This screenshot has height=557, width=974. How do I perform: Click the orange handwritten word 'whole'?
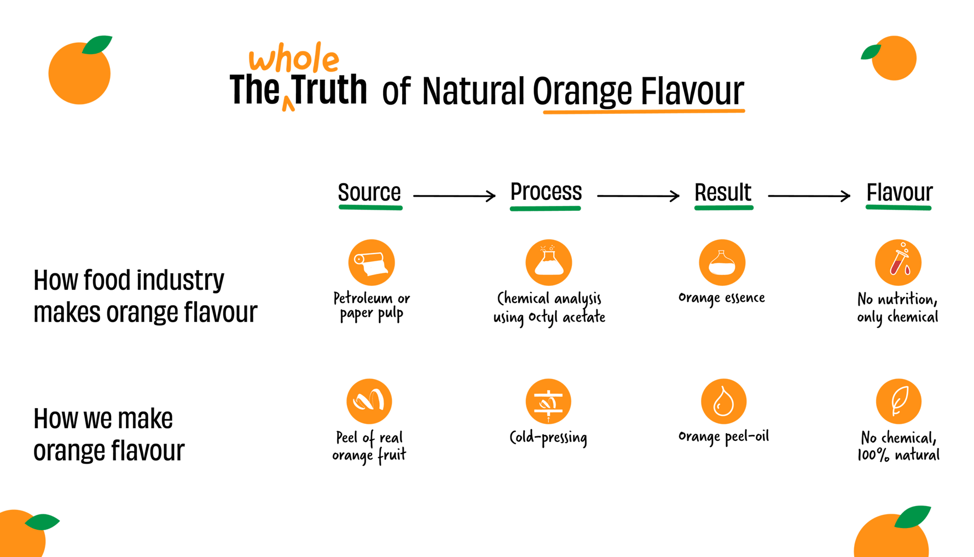(x=294, y=58)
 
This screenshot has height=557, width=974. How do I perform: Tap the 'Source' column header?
(x=369, y=192)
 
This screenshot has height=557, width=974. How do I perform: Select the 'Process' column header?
(x=546, y=192)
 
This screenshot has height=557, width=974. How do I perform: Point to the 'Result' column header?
(x=723, y=192)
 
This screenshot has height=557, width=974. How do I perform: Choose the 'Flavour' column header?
(x=899, y=192)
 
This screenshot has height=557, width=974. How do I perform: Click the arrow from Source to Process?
(x=454, y=196)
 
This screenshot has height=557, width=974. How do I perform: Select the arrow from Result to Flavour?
(x=809, y=196)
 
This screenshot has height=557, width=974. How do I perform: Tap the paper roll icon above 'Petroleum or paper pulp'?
(x=372, y=262)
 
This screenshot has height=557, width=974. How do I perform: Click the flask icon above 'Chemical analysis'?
(x=549, y=262)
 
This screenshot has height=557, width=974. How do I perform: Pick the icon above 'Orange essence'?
(x=722, y=262)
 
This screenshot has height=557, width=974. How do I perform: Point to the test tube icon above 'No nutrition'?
(x=898, y=262)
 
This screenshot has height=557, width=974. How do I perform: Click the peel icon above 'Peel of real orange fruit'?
(x=369, y=401)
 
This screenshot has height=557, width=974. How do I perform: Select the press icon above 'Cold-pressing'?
(x=548, y=401)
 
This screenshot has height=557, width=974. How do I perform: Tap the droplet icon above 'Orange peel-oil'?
(x=723, y=401)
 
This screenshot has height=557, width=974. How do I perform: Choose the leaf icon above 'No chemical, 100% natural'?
(x=898, y=401)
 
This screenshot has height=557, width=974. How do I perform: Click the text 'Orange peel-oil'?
(x=723, y=437)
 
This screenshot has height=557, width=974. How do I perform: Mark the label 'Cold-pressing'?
(x=548, y=438)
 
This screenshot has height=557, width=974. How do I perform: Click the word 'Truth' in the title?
(x=329, y=89)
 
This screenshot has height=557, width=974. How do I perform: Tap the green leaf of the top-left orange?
(x=97, y=44)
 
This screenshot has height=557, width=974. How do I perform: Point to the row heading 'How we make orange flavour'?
(x=109, y=434)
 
